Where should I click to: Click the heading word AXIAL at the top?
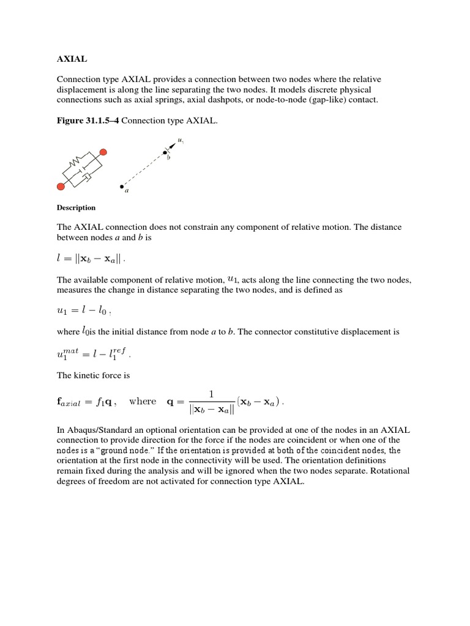point(72,60)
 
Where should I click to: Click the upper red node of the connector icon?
point(103,151)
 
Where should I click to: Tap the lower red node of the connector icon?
point(61,186)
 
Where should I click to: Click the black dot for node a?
point(121,186)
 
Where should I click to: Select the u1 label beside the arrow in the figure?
point(181,141)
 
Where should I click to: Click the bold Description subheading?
point(76,208)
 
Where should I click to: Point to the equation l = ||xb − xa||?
point(91,259)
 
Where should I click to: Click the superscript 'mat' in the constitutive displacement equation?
point(73,349)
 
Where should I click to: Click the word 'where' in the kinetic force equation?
point(143,402)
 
